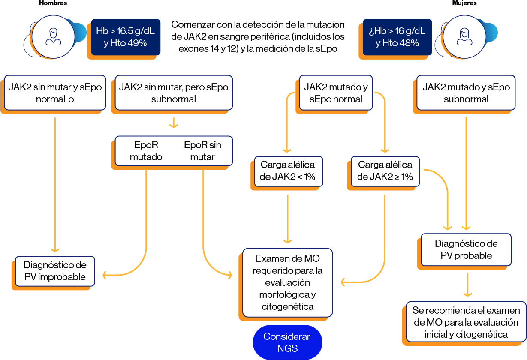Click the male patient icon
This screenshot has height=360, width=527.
tap(53, 37)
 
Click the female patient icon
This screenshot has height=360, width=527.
tap(464, 37)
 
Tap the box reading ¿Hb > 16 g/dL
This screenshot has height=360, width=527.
tap(397, 37)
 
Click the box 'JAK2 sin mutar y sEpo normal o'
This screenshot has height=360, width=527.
tap(55, 93)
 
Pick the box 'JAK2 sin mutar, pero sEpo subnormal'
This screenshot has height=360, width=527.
tap(173, 93)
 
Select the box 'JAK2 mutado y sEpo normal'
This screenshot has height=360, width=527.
tap(336, 93)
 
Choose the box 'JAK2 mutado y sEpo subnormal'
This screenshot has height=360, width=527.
tap(466, 93)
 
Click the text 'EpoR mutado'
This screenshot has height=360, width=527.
tap(146, 151)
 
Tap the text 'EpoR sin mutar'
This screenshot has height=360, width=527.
tap(202, 151)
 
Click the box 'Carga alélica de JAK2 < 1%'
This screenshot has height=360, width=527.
tap(288, 171)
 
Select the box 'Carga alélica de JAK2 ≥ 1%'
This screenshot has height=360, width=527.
tap(385, 171)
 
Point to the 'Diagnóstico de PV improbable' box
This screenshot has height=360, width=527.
tap(55, 271)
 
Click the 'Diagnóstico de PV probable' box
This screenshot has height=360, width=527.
tap(466, 249)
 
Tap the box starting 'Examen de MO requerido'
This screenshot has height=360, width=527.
tap(287, 282)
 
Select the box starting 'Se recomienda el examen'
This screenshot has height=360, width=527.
tap(466, 322)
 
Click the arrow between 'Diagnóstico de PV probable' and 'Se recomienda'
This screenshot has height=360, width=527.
tap(467, 285)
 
